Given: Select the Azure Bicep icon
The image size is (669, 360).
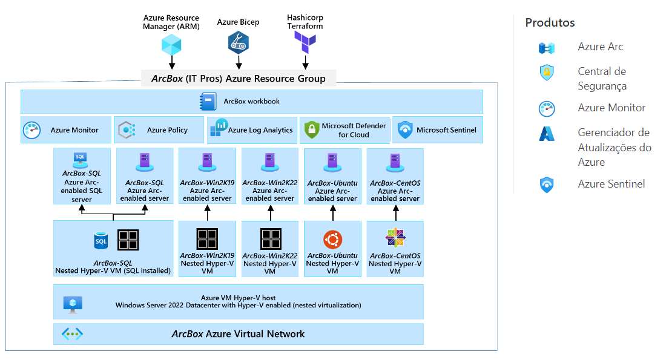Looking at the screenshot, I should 238,42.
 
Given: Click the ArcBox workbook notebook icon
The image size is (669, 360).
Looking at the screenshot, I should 208,102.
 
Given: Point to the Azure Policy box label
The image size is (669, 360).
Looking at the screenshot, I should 167,130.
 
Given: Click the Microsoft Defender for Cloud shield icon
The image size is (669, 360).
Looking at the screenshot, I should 311,130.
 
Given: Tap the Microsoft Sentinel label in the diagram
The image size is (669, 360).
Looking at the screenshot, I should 446,130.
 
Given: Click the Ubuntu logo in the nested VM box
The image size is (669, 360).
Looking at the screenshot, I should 332,240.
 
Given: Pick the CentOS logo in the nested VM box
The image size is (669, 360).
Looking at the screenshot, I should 395,238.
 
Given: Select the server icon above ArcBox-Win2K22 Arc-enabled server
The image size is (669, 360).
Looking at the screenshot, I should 270,163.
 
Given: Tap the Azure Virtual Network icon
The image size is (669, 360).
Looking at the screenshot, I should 72,334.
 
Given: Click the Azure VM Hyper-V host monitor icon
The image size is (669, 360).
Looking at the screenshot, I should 73,305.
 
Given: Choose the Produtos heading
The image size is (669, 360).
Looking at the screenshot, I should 550,23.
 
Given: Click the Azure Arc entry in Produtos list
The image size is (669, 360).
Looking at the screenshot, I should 600,47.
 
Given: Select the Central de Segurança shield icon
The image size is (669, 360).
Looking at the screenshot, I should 547,73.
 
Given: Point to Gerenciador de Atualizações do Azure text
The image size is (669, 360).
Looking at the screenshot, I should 614,147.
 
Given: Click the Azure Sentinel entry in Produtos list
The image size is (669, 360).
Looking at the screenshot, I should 611,184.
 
